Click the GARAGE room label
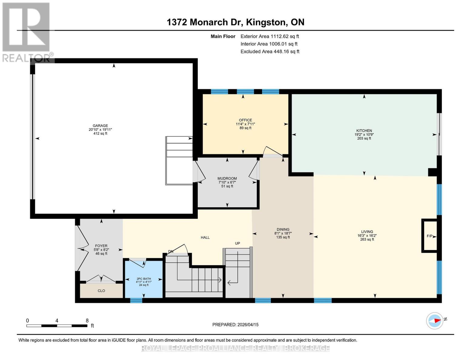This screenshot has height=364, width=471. coord(100,126)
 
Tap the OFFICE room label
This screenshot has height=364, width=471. coord(245,120)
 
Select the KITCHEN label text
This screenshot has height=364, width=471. coord(364,131)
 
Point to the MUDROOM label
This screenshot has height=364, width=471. coord(227,179)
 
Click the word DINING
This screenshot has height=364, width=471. coord(283,230)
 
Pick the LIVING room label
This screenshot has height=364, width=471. coord(367,232)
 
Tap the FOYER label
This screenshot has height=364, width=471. coord(101,246)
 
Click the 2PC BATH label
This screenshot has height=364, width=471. coord(144,279)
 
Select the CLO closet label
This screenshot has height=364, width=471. coord(101,291)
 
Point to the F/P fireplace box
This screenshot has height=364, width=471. coord(429,236)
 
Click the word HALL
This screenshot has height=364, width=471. coord(205,238)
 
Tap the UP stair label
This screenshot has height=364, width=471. coord(237,243)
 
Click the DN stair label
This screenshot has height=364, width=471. coord(171,251)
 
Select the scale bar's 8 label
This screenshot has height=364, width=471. coord(87,321)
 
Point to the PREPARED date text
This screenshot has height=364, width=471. coord(235,325)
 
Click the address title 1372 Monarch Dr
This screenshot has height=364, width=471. coord(235,22)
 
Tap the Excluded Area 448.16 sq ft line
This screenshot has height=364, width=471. coord(270,52)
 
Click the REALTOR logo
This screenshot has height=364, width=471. coord(27,32)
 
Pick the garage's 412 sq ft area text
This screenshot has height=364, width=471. coord(100,133)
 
